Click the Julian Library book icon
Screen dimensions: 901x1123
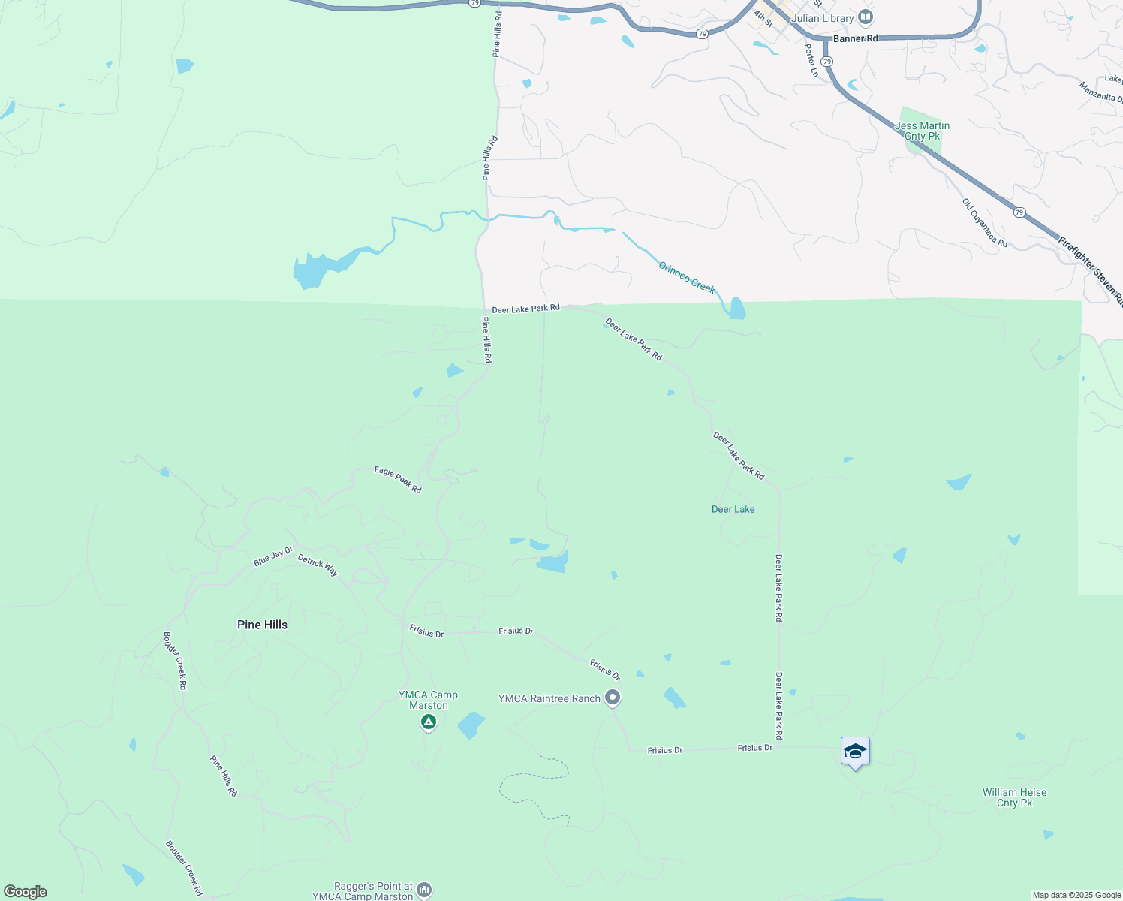click(x=866, y=17)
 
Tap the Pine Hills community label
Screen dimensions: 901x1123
click(x=262, y=625)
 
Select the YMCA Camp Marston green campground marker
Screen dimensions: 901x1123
click(x=428, y=722)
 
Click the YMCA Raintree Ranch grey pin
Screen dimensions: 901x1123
click(x=613, y=698)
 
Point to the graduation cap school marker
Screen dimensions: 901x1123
click(x=855, y=752)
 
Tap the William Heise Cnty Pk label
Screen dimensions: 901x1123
click(x=1014, y=797)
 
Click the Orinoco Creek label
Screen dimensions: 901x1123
click(x=687, y=277)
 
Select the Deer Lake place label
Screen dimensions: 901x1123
click(x=733, y=509)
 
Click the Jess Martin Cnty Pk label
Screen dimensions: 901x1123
click(x=923, y=131)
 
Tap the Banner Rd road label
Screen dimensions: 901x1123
click(x=855, y=38)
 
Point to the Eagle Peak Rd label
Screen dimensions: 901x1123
click(x=398, y=480)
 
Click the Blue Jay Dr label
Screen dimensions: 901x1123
click(x=272, y=556)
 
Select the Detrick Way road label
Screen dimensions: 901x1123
click(x=318, y=565)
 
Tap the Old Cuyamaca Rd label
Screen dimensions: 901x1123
click(x=985, y=222)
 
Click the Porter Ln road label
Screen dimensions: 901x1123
click(x=811, y=60)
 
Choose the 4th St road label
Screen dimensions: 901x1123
click(x=763, y=18)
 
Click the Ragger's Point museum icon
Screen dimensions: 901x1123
click(x=424, y=890)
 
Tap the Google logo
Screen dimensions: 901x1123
click(x=26, y=892)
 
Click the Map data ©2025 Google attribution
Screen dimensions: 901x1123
click(x=1076, y=895)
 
